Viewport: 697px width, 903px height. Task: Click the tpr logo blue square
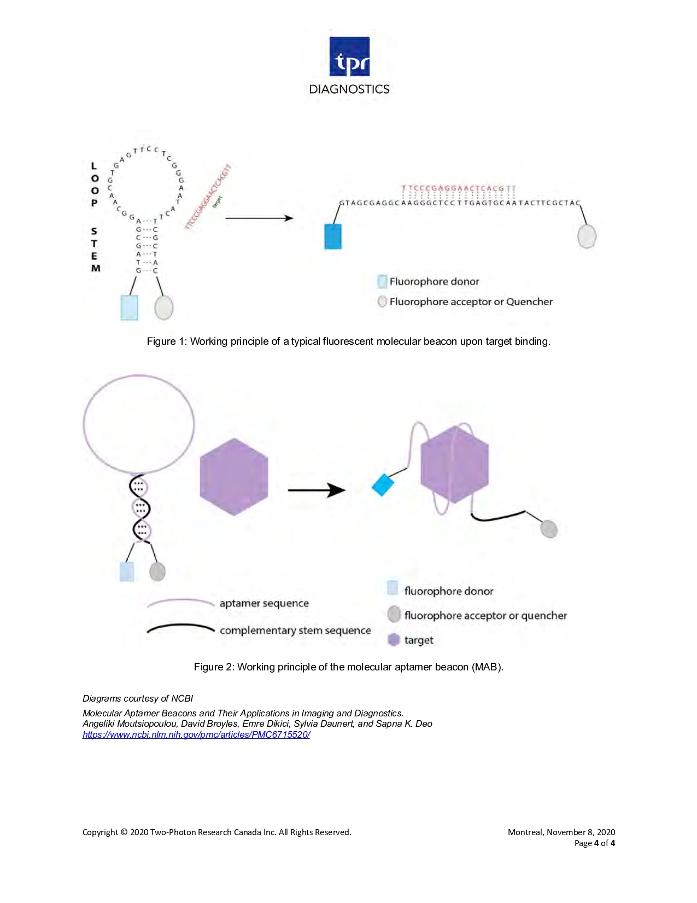[x=349, y=56]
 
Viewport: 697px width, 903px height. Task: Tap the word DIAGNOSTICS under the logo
[x=349, y=89]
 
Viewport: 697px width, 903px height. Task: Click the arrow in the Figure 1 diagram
[x=259, y=218]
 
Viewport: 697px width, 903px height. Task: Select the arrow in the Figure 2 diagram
[x=317, y=490]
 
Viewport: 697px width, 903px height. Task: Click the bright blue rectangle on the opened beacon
[x=333, y=236]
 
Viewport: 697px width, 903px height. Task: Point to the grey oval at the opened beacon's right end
[x=587, y=236]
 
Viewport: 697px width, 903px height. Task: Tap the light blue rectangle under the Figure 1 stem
[x=129, y=308]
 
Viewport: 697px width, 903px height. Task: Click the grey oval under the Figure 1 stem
[x=164, y=308]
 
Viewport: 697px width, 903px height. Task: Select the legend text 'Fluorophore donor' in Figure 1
[x=434, y=281]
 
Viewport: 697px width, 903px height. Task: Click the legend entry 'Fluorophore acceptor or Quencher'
[x=471, y=302]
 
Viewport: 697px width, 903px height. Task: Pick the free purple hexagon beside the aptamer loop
[x=234, y=477]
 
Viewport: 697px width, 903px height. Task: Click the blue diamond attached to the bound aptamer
[x=383, y=485]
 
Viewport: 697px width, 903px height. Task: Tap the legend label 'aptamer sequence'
[x=264, y=603]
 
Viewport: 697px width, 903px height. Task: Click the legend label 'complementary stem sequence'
[x=295, y=630]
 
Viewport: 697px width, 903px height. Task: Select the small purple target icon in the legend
[x=394, y=640]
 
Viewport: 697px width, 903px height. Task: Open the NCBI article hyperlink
[x=196, y=734]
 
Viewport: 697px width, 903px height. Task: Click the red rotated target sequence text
[x=208, y=197]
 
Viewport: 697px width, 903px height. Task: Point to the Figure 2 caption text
[x=348, y=667]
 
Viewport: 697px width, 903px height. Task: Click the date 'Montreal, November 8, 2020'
[x=561, y=832]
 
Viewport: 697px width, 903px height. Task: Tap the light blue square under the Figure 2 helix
[x=127, y=572]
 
